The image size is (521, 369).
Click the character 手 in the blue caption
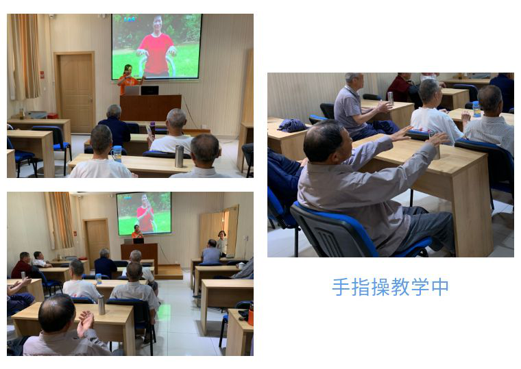point(341,287)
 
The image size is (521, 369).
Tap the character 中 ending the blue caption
point(440,287)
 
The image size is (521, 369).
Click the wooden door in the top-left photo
point(75,92)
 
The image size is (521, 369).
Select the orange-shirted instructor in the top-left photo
point(130,81)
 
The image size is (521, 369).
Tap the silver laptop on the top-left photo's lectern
point(132,90)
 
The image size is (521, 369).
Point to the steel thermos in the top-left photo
point(179,156)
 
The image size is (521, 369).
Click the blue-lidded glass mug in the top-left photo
point(117,154)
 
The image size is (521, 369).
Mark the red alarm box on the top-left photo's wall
point(43,75)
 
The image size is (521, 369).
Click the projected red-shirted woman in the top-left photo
point(156,46)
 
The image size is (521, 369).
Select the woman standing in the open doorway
point(221,243)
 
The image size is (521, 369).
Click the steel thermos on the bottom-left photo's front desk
point(101,305)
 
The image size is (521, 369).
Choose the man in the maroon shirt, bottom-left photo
point(23,266)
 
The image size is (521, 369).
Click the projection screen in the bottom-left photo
point(144,214)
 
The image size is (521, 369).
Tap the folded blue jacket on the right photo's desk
point(292,125)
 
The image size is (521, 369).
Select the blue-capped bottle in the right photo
point(476,109)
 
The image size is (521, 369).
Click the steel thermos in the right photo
point(391,98)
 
